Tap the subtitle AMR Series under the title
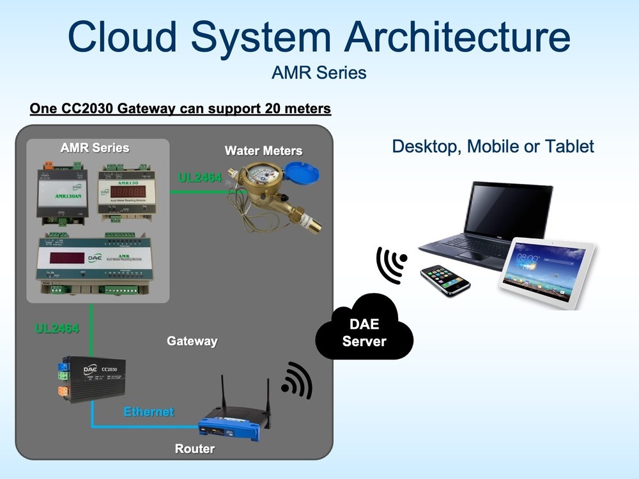click(319, 73)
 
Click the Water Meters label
click(263, 151)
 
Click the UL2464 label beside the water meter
click(200, 178)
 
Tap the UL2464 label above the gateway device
click(58, 329)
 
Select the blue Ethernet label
click(149, 412)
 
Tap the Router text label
click(195, 449)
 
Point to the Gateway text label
click(192, 341)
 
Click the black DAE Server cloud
click(364, 333)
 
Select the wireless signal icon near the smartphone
click(391, 263)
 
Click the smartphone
click(445, 280)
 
